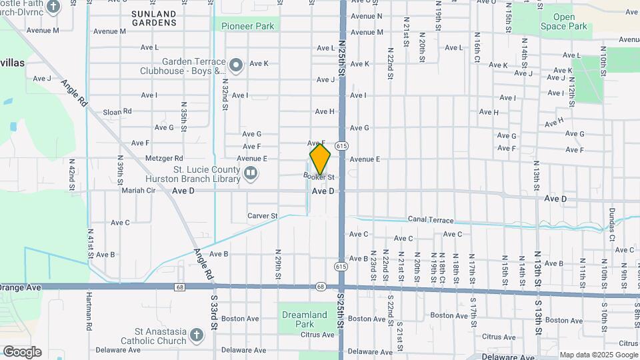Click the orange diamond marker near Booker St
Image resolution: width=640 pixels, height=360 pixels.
click(x=320, y=159)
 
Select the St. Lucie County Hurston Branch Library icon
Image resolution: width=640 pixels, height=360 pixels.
click(x=251, y=174)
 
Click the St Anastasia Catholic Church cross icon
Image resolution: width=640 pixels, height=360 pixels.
click(x=196, y=334)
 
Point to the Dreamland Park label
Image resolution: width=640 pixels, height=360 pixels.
click(x=304, y=319)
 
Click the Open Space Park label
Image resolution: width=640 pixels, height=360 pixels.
click(x=564, y=22)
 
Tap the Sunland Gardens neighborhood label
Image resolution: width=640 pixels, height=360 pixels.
click(x=154, y=18)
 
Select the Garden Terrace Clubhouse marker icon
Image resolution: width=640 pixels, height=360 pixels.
click(x=235, y=65)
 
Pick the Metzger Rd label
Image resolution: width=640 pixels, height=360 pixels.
click(x=164, y=159)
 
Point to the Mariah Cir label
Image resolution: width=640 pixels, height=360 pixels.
click(x=138, y=190)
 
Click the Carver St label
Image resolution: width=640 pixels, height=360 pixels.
click(x=262, y=216)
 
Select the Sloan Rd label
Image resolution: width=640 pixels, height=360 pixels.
click(x=117, y=112)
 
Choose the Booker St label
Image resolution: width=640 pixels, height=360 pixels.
click(x=319, y=177)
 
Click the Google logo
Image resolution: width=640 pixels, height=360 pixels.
click(x=22, y=352)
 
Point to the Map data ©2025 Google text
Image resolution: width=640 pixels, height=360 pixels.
click(x=599, y=355)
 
